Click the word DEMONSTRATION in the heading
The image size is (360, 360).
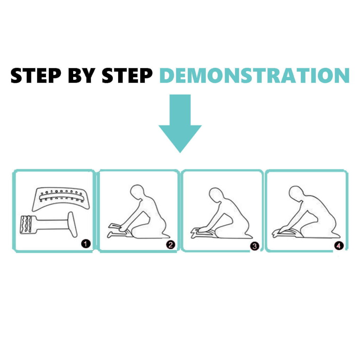point(255,75)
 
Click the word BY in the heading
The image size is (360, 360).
point(82,75)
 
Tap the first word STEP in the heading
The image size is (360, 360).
point(36,75)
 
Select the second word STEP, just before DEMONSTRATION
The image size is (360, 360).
point(127,75)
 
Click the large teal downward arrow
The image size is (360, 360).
point(180,123)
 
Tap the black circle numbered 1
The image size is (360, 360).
point(86,244)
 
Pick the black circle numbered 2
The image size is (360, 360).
point(171,245)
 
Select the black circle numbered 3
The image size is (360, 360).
point(255,246)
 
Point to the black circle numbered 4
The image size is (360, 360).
point(339,246)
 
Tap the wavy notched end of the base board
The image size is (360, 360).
point(26,225)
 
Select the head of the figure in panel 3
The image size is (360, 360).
point(216,195)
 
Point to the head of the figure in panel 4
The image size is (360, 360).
point(296,193)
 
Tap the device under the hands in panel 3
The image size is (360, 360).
point(202,232)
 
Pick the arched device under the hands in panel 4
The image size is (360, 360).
point(287,232)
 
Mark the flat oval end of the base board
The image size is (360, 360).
point(72,224)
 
